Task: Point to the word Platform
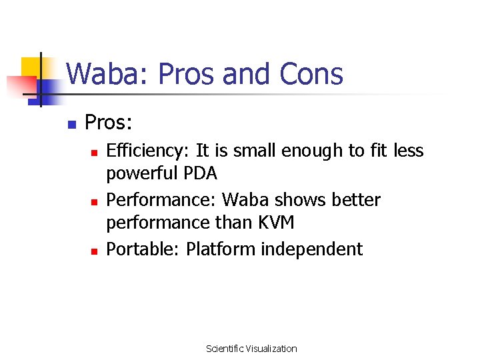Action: click(x=221, y=249)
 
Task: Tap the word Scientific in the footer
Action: click(x=225, y=349)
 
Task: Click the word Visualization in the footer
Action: click(x=271, y=349)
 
